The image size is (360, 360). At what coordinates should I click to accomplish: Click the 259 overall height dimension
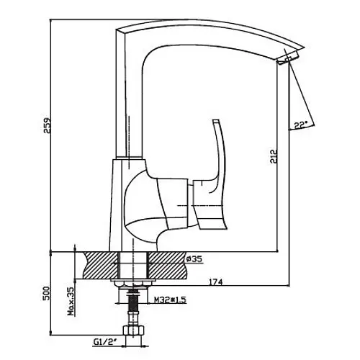click(47, 125)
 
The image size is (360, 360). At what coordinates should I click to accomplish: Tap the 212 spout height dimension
click(273, 156)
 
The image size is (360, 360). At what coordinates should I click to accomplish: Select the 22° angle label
click(301, 125)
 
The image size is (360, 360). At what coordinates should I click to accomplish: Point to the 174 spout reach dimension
click(216, 282)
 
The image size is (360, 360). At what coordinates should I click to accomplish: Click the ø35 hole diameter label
click(194, 259)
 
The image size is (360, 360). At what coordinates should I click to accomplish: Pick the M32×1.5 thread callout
click(170, 300)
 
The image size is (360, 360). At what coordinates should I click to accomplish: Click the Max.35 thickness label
click(71, 301)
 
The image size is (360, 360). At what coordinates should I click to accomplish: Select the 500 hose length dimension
click(47, 293)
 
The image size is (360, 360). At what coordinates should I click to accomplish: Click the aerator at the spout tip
click(287, 58)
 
